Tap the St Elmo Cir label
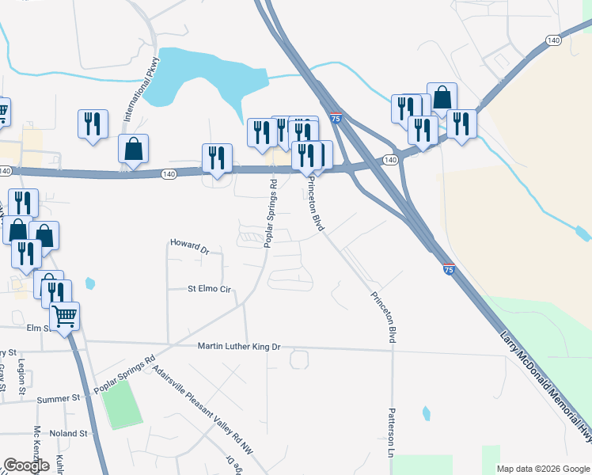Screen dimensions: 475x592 (x=208, y=290)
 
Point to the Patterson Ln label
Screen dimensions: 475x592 (x=391, y=432)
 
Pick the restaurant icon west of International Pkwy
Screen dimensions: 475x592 (x=93, y=123)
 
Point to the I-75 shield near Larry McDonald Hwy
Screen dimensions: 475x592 (x=448, y=270)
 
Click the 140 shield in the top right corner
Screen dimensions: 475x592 (x=554, y=40)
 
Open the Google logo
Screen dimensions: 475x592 (x=26, y=465)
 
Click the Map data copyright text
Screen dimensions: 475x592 (x=543, y=469)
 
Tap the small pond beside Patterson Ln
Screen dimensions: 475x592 (x=427, y=412)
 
